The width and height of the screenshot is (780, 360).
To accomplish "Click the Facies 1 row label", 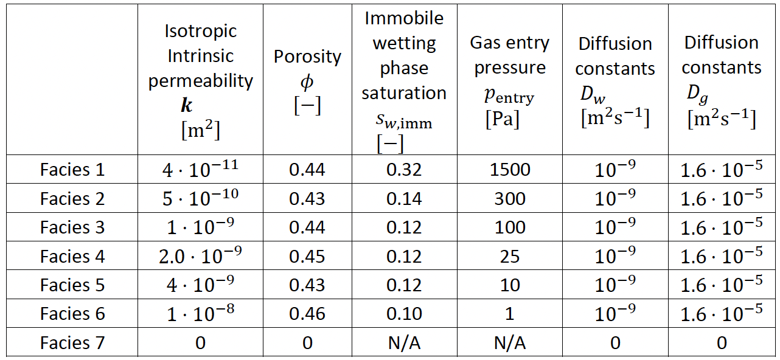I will [72, 170].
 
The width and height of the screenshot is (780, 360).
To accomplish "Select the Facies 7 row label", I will [72, 343].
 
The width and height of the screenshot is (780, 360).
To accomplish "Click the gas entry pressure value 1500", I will [510, 170].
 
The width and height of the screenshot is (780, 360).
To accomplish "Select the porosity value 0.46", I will [307, 314].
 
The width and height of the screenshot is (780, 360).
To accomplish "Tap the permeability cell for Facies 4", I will [200, 256].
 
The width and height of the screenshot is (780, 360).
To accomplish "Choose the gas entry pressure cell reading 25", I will [510, 256].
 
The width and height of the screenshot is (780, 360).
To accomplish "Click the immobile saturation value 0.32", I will [404, 170].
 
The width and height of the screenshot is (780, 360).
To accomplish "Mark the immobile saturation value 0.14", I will [404, 199].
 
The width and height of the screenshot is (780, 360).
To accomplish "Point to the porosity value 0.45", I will [307, 256].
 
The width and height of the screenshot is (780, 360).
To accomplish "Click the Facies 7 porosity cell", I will [307, 343].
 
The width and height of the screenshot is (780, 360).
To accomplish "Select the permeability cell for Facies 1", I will [200, 170].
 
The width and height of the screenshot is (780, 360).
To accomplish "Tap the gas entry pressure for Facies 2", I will [510, 199].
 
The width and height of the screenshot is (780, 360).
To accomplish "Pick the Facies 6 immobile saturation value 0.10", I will [404, 314].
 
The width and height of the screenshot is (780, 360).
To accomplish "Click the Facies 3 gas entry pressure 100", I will [510, 227].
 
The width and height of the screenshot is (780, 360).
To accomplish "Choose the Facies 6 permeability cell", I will [200, 314].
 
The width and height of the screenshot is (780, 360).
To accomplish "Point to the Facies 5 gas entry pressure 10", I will [510, 285].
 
